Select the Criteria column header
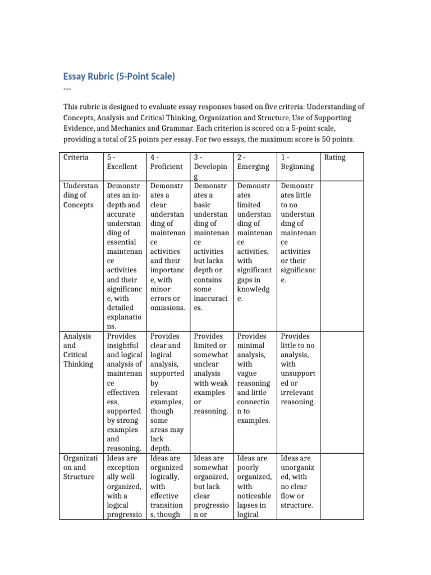click(76, 157)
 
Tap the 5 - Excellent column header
click(122, 162)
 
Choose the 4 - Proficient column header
click(166, 162)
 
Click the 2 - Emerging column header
click(253, 162)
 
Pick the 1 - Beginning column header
click(297, 162)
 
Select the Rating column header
click(335, 157)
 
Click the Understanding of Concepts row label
click(81, 195)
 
